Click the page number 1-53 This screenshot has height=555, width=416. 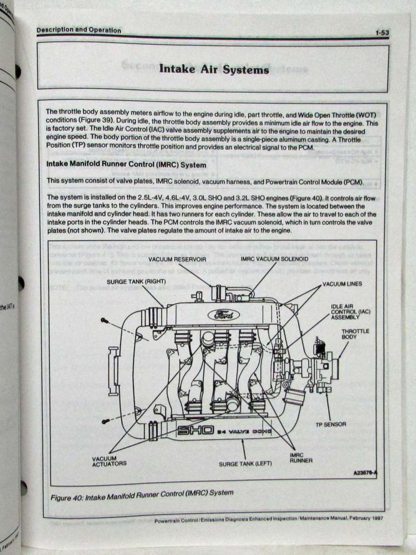[x=381, y=33]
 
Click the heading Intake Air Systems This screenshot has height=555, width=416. [x=214, y=69]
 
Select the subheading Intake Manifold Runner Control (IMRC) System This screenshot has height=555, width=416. [x=126, y=165]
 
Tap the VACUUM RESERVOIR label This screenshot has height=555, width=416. [x=177, y=259]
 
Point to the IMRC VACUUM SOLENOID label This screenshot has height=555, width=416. [x=274, y=259]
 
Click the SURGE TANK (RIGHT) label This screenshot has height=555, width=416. [x=137, y=281]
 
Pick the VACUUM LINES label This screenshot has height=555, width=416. [x=342, y=284]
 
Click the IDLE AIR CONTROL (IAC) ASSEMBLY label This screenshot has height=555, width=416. [x=350, y=311]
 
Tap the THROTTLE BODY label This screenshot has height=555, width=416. [x=355, y=334]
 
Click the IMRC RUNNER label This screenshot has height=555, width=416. [x=301, y=457]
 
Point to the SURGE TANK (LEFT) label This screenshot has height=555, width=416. [x=245, y=463]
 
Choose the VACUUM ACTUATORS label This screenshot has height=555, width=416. [x=109, y=461]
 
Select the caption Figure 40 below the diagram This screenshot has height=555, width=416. [x=142, y=493]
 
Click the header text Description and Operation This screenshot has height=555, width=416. [x=78, y=31]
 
